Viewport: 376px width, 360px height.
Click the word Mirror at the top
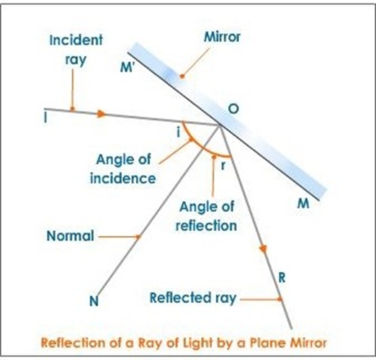222,37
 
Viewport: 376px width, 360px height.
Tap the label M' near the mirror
127,67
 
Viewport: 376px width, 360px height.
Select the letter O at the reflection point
233,109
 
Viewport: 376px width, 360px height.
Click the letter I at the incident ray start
45,117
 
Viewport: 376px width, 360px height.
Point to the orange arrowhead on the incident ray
102,114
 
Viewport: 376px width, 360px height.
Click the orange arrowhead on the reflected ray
263,248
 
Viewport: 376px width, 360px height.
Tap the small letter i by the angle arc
178,132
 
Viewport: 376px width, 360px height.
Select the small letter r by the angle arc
223,166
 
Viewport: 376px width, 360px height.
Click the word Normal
71,235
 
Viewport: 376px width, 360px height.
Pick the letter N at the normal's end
94,301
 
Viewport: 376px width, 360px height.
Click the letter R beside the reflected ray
282,278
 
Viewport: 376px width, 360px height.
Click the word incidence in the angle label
123,179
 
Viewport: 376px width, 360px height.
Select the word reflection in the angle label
206,225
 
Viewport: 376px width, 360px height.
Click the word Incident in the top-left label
76,40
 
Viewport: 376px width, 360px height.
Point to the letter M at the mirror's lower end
303,204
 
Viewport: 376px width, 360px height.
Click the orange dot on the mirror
182,76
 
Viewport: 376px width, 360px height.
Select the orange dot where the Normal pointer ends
138,237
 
